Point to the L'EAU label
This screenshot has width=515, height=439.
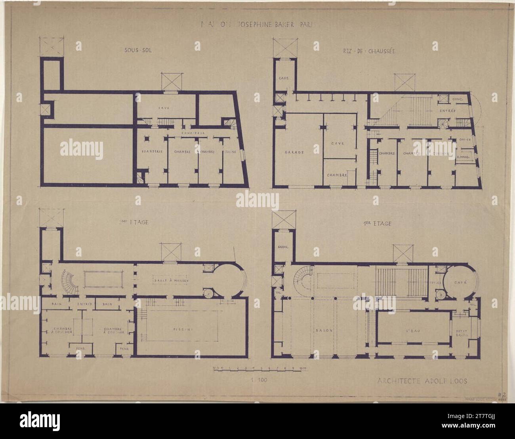(412, 330)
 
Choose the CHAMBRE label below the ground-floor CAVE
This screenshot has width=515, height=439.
(337, 175)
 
